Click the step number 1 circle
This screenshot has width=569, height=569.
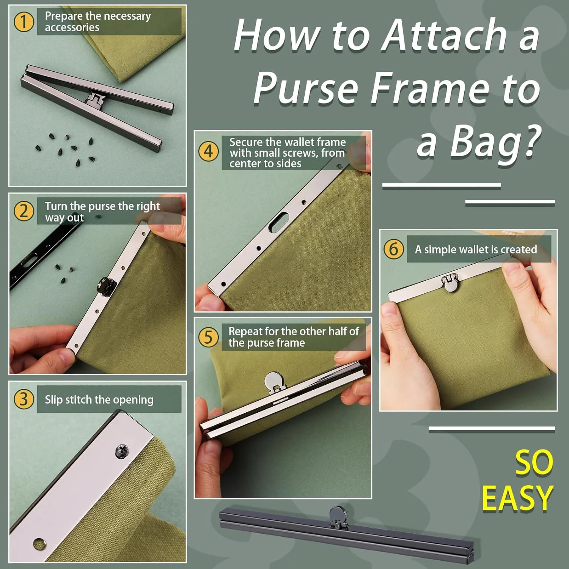(24, 22)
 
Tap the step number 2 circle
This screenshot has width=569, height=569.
(24, 211)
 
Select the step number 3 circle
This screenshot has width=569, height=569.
(24, 399)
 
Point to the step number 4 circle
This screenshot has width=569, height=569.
(209, 151)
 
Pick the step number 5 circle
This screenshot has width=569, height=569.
(209, 337)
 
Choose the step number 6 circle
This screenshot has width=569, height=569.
(394, 249)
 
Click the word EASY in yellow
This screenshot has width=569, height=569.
(517, 498)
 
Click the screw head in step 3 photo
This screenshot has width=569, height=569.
(122, 451)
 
